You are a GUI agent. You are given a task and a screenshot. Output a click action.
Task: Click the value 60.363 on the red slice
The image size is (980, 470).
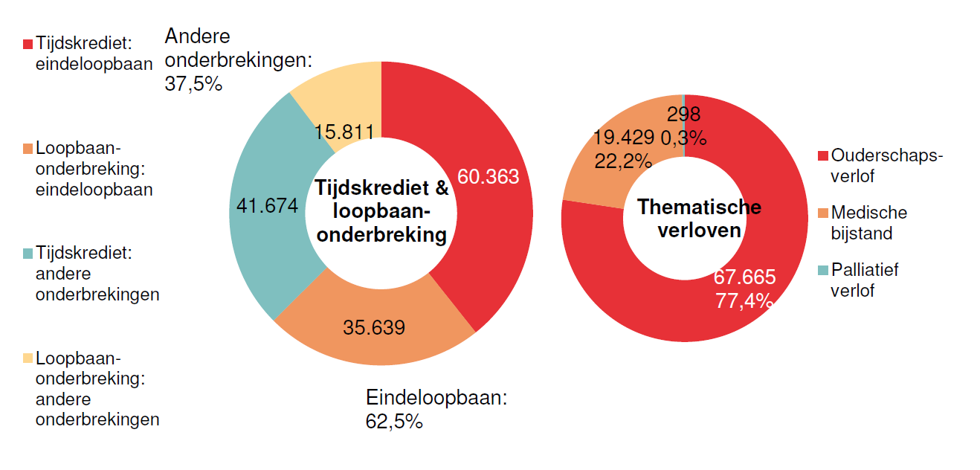click(488, 177)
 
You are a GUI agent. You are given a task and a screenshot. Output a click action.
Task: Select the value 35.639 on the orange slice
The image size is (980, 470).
click(374, 327)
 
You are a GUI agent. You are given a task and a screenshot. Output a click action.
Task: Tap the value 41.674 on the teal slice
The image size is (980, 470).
click(267, 206)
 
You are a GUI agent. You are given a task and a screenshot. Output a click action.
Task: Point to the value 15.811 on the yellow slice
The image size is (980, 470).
click(344, 132)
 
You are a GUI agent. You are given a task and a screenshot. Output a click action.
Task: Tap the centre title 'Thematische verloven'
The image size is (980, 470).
click(699, 218)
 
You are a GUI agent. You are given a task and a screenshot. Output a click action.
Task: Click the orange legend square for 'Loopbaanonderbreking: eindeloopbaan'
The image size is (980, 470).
click(28, 149)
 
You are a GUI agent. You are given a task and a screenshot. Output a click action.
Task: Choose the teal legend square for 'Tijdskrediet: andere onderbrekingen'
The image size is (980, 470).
click(28, 254)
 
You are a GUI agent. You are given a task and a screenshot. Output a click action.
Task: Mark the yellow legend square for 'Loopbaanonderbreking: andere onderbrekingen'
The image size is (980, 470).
click(28, 358)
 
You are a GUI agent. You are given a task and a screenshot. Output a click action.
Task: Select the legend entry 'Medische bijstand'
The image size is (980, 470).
click(868, 223)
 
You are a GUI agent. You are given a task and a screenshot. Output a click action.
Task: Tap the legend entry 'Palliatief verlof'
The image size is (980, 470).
click(864, 280)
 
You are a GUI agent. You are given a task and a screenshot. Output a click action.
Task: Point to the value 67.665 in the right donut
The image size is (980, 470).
click(744, 277)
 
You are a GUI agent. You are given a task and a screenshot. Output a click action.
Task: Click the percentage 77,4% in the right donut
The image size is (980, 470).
click(744, 301)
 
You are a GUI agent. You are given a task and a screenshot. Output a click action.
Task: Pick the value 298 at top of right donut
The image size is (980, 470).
click(683, 114)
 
